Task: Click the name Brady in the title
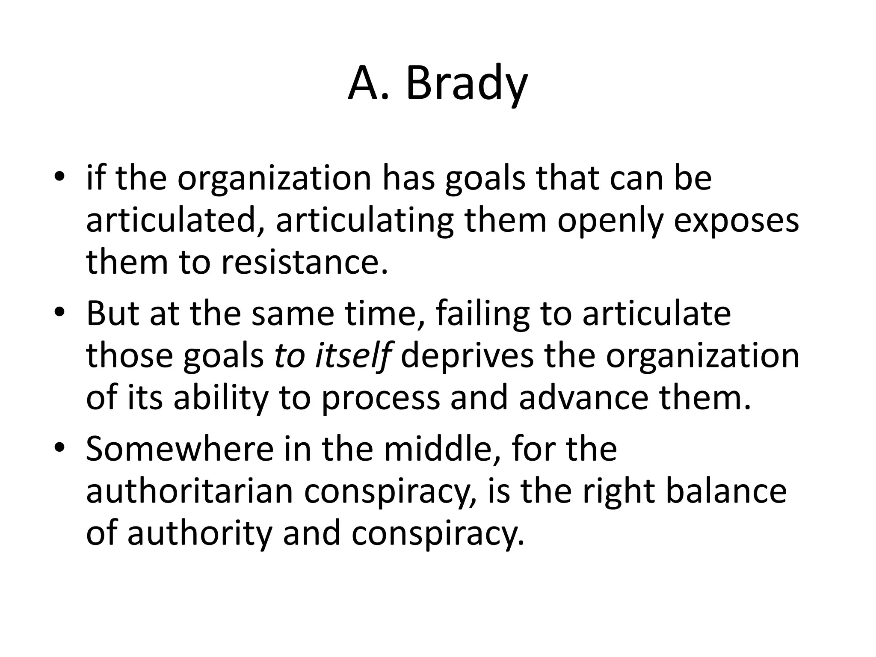466,84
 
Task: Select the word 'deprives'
467,356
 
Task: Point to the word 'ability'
220,398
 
